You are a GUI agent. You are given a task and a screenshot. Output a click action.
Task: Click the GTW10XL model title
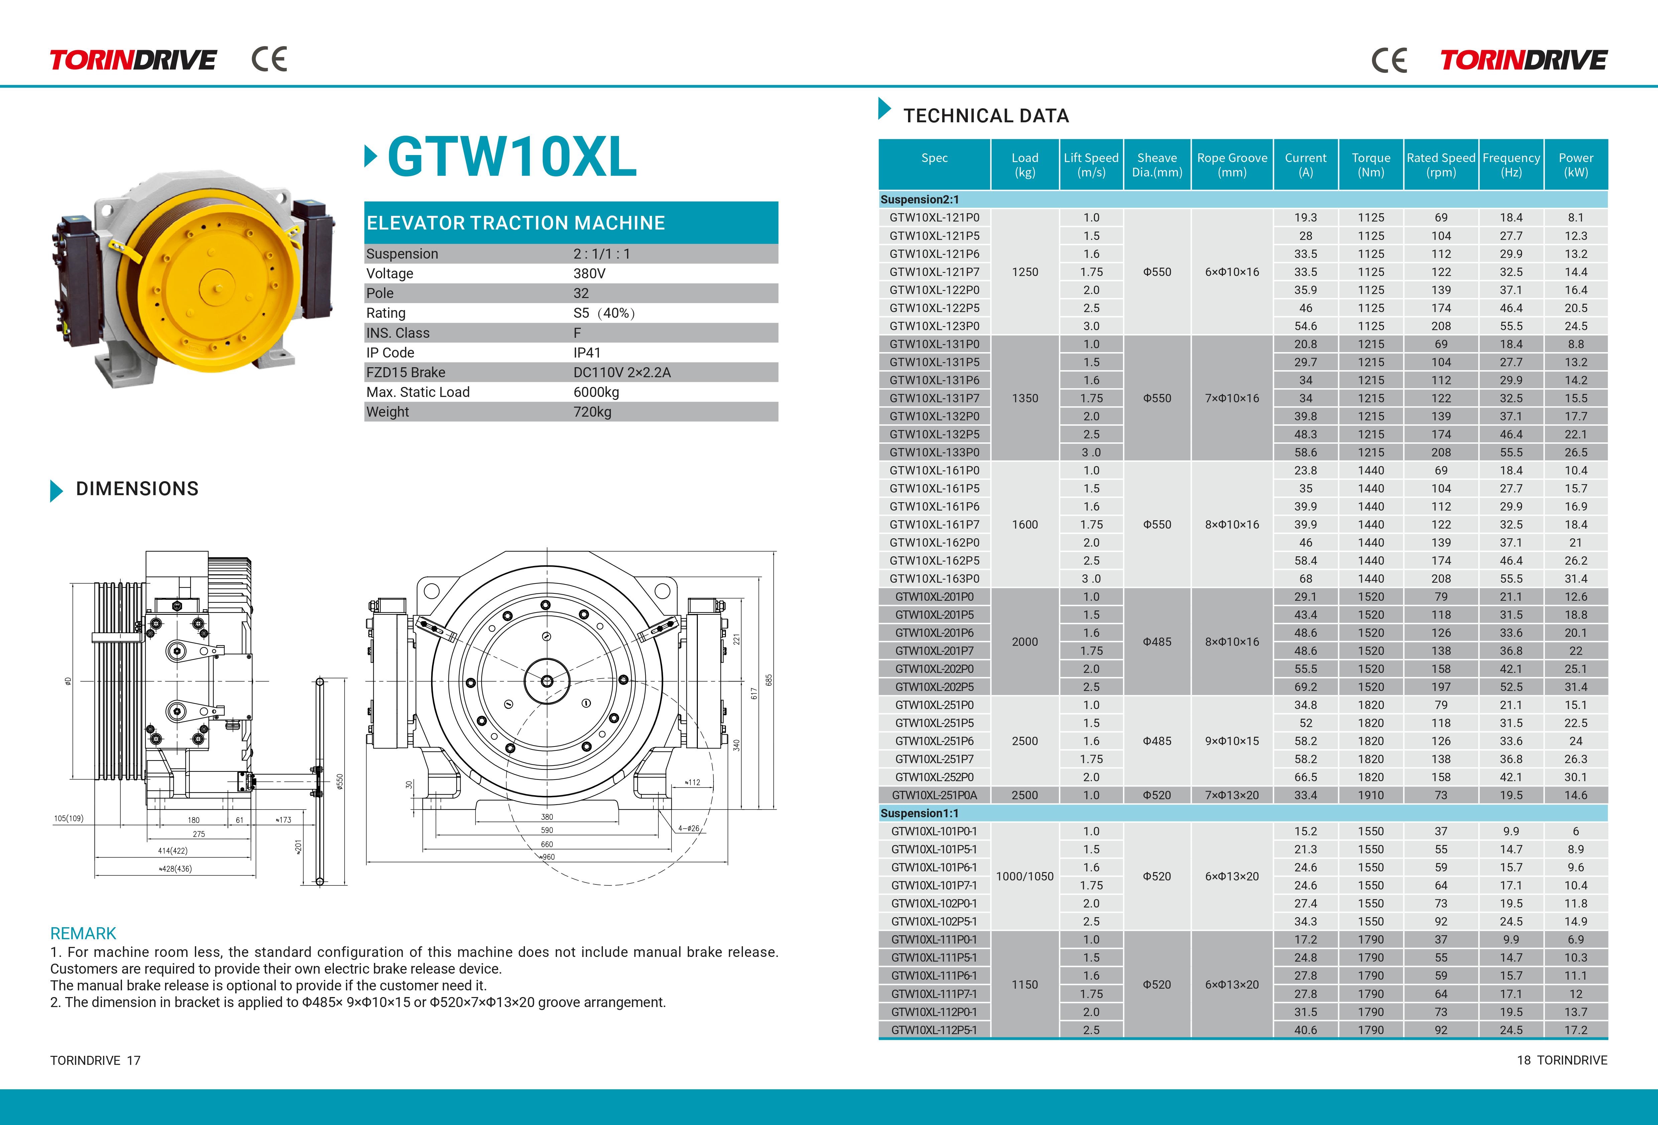(x=512, y=157)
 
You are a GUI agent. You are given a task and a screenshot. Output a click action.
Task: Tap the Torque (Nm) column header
(x=1371, y=165)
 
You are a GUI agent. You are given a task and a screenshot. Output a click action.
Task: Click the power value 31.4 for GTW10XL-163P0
(x=1575, y=579)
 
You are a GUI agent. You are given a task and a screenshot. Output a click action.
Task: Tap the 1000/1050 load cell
(x=1024, y=876)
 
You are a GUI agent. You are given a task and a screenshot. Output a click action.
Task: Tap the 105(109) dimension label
(x=69, y=818)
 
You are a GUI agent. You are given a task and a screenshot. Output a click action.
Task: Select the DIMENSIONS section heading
(x=137, y=489)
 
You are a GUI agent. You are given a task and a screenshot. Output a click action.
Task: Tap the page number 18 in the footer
(x=1523, y=1060)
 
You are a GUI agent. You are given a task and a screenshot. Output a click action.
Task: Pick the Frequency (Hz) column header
(x=1511, y=165)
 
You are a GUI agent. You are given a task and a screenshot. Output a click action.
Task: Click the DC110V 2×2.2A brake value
(x=622, y=373)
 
